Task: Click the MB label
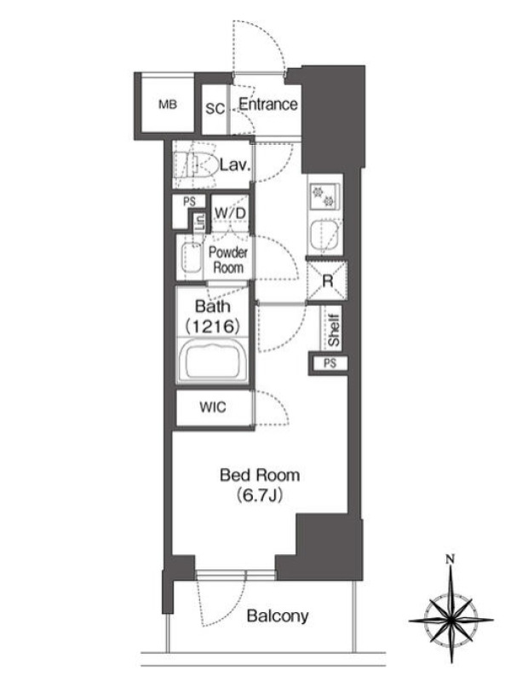point(168,104)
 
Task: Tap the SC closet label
point(215,108)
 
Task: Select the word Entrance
point(268,104)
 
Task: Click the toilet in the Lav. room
point(197,165)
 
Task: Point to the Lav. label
point(235,165)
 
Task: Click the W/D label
point(230,213)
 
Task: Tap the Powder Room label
point(228,260)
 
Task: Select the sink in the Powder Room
point(190,258)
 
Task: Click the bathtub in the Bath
point(213,360)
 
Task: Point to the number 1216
point(213,327)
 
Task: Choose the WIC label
point(213,407)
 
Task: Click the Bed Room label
point(260,475)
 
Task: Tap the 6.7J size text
point(261,495)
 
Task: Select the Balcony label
point(278,616)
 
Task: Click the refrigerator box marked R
point(327,281)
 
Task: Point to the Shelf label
point(334,331)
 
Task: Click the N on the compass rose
point(451,559)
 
